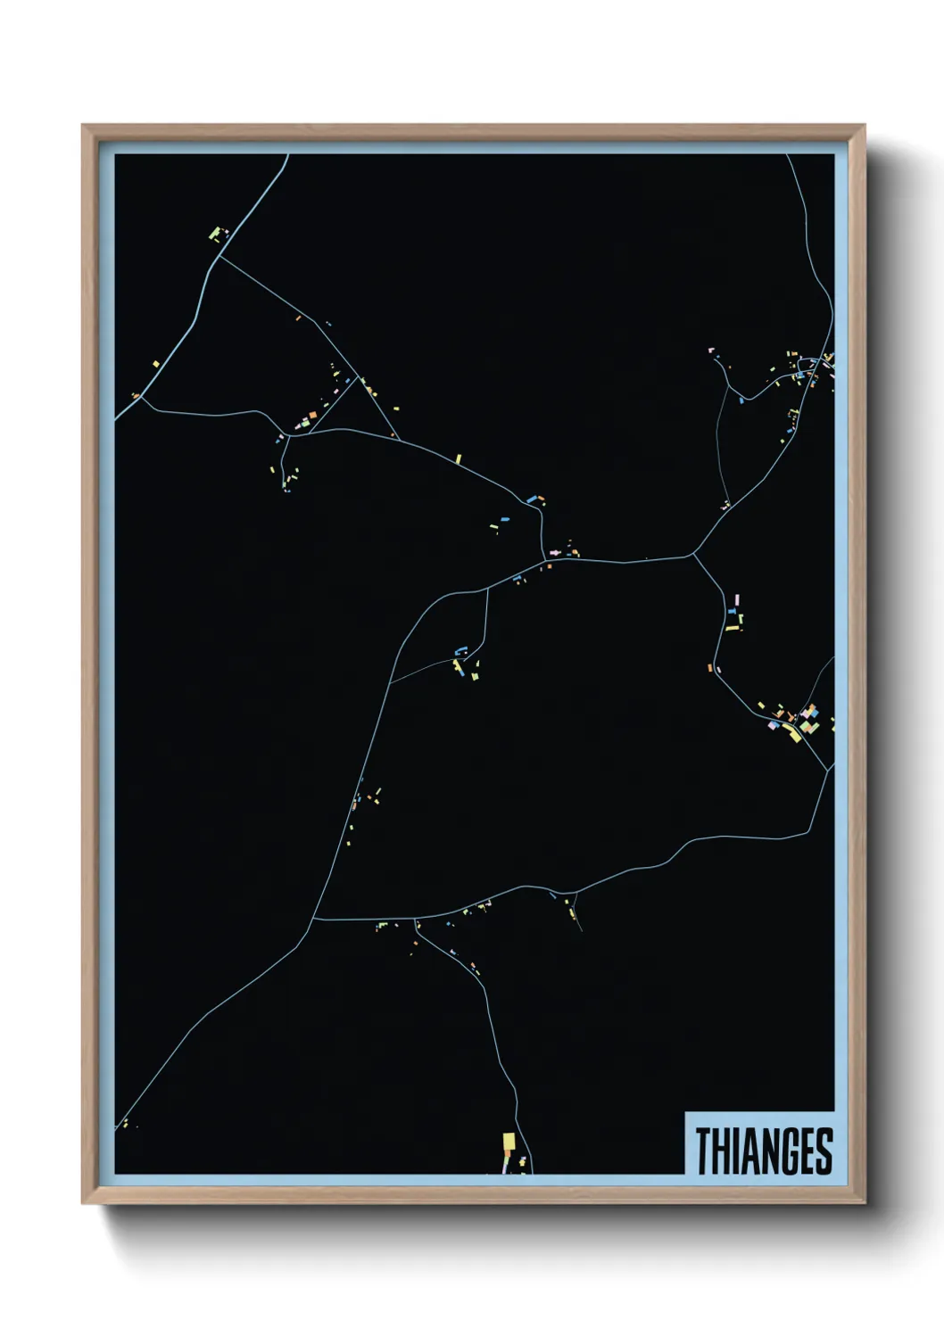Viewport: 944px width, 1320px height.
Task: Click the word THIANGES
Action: click(x=763, y=1151)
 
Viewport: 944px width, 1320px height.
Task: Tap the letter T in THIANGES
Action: click(x=703, y=1151)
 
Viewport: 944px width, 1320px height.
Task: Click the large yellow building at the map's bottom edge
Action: click(x=509, y=1143)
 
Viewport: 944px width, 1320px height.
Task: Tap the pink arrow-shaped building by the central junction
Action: click(x=556, y=553)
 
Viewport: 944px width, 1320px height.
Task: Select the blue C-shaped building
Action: click(x=461, y=650)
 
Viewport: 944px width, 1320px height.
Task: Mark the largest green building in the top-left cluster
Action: click(x=214, y=234)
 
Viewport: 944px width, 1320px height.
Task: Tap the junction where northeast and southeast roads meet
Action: click(x=693, y=556)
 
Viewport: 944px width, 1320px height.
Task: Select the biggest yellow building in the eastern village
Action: click(x=791, y=734)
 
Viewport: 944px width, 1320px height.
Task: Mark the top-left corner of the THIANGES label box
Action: click(x=685, y=1111)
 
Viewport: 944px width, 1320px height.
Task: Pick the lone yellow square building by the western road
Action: click(x=155, y=364)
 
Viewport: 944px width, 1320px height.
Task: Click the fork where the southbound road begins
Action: click(x=416, y=919)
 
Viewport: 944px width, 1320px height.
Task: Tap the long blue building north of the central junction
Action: click(x=533, y=499)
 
